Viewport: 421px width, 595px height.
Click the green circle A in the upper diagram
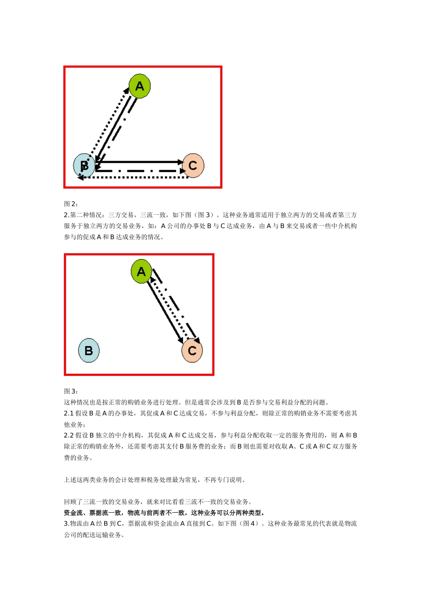(x=140, y=86)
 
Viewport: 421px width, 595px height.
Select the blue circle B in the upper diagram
(x=84, y=166)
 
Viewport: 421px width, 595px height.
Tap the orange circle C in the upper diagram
(x=193, y=165)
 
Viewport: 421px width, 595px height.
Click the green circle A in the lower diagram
(x=141, y=271)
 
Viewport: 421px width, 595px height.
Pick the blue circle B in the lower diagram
(x=89, y=351)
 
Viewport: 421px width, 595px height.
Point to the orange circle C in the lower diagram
(x=192, y=351)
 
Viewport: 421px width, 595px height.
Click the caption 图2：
(x=71, y=204)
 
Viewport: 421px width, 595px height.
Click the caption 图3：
(x=71, y=391)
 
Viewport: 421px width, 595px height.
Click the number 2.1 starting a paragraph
(x=69, y=413)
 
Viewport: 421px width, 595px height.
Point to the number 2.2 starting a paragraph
(x=69, y=436)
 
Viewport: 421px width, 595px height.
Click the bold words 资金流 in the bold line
(x=73, y=513)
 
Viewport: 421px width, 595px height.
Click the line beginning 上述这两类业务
(x=155, y=480)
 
